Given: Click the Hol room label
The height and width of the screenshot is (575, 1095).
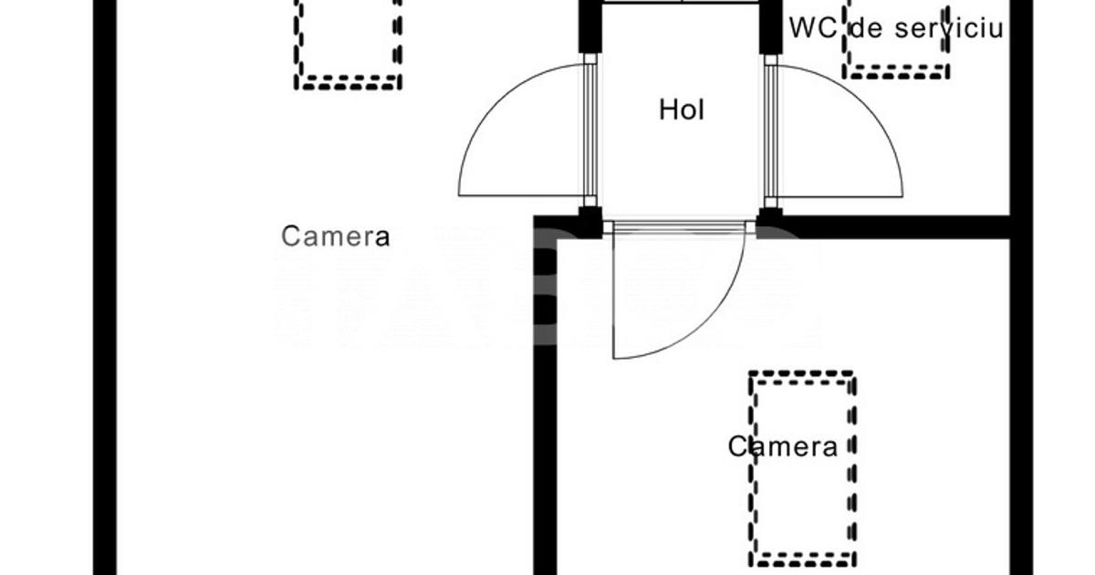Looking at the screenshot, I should point(682,110).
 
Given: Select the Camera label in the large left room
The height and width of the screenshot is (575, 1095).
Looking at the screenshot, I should point(335,236).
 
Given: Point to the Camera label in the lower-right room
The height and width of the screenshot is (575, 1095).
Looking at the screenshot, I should point(782,446).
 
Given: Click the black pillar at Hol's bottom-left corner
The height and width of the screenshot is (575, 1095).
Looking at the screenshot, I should point(589,222).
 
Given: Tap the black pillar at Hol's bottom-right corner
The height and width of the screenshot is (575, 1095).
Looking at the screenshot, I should point(769,222).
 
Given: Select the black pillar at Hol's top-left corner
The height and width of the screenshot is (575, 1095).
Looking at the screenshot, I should point(589,27).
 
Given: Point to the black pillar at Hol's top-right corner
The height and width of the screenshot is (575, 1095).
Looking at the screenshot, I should point(771,27).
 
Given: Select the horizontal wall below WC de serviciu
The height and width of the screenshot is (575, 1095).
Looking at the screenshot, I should point(894,226).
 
